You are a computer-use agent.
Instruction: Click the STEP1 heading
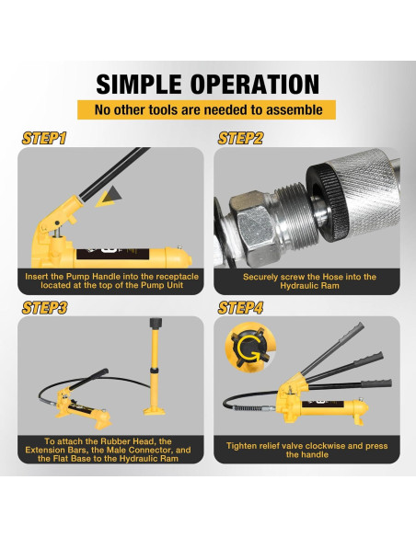tap(44, 138)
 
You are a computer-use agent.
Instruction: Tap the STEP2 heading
tap(240, 138)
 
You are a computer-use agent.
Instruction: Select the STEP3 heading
tap(44, 307)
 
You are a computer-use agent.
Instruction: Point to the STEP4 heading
tap(240, 307)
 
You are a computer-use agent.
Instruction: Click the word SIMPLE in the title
tap(139, 85)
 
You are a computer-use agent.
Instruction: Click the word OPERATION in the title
tap(255, 85)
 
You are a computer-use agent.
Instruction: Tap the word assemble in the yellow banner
tap(295, 110)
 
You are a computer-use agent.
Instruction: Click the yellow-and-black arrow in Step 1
tap(108, 197)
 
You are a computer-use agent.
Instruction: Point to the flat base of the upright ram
tap(155, 410)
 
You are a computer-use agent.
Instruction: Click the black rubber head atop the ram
tap(156, 322)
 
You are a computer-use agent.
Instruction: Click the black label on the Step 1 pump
tap(112, 254)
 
